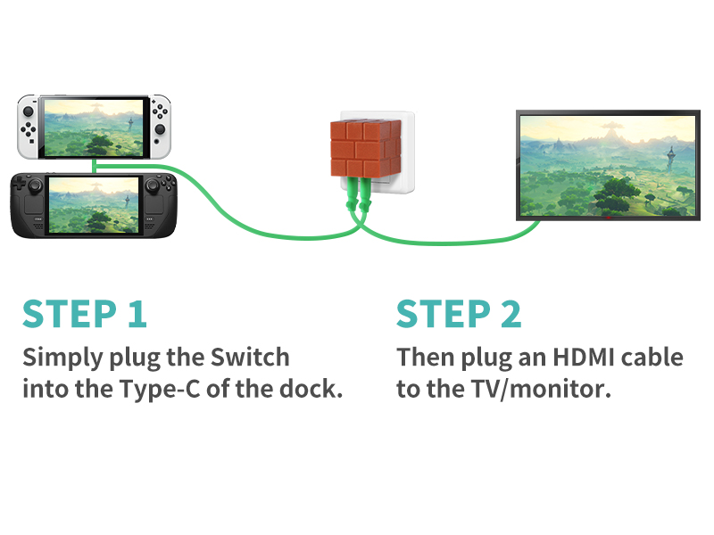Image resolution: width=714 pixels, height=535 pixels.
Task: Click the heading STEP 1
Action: (x=85, y=314)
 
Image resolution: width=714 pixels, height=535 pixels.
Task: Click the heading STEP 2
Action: (x=459, y=314)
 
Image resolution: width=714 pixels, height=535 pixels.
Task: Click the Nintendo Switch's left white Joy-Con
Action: (x=29, y=125)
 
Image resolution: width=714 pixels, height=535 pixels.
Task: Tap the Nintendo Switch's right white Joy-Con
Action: (x=161, y=125)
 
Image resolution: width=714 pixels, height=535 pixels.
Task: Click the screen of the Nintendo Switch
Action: (x=94, y=126)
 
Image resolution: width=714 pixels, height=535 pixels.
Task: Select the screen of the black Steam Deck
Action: (x=93, y=204)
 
